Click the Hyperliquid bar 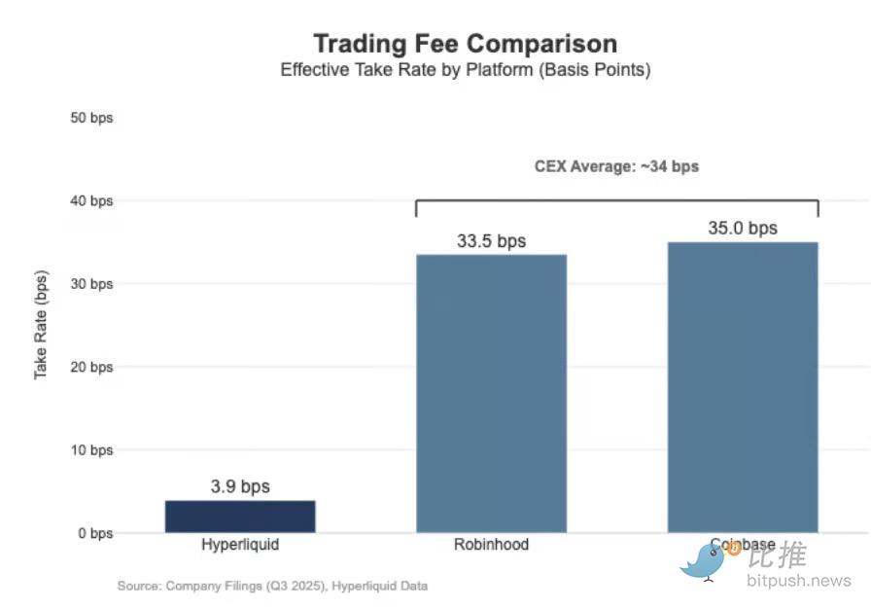240,517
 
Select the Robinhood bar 491,393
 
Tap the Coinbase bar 743,387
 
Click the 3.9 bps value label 240,486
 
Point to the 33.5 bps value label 491,241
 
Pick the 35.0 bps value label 743,229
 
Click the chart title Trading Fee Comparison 465,44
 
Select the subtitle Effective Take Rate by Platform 465,70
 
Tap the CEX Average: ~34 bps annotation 616,166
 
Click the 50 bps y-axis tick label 92,118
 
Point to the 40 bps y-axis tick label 92,201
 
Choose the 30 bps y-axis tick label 92,284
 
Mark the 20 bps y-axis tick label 92,367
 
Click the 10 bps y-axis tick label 92,450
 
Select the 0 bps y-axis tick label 95,533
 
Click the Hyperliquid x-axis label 240,545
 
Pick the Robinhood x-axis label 491,545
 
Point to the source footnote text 272,586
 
